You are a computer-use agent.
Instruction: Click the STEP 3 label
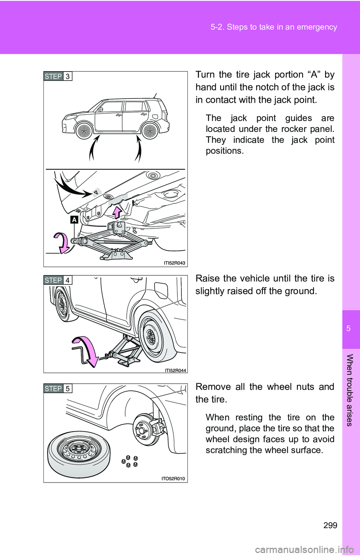pos(58,76)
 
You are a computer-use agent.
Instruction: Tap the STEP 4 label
pos(58,280)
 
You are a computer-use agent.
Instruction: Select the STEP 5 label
pos(58,389)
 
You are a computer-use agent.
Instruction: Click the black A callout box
pos(74,220)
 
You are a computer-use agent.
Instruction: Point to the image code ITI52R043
pos(174,263)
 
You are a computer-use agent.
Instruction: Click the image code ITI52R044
pos(175,371)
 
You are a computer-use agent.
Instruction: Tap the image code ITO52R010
pos(173,478)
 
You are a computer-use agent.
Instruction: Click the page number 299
pos(330,525)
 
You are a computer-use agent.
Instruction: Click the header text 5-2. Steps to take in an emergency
pos(274,27)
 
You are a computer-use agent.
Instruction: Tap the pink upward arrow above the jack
pos(117,212)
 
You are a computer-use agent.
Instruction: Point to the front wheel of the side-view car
pos(84,131)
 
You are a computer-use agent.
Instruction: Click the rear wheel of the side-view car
pos(150,131)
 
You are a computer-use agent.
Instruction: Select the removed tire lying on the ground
pos(79,453)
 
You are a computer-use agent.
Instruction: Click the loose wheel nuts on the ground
pos(130,461)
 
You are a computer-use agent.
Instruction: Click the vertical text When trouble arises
pos(349,390)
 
